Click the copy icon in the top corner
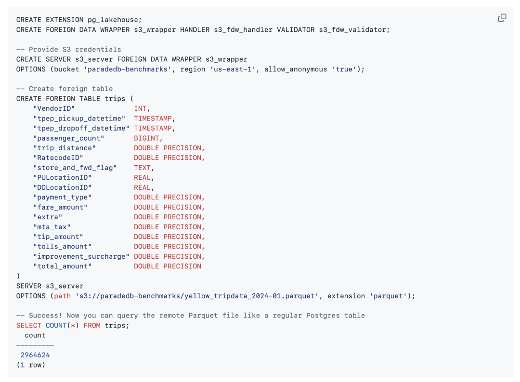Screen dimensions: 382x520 pos(502,18)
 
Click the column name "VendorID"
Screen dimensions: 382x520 pos(54,108)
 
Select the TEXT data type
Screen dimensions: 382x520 pos(143,168)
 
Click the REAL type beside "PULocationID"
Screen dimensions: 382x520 pos(143,178)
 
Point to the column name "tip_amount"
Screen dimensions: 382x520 pos(58,237)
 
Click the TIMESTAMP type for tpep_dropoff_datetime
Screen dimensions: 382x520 pos(154,128)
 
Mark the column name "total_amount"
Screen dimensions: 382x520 pos(62,266)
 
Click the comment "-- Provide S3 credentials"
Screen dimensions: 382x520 pos(68,50)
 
